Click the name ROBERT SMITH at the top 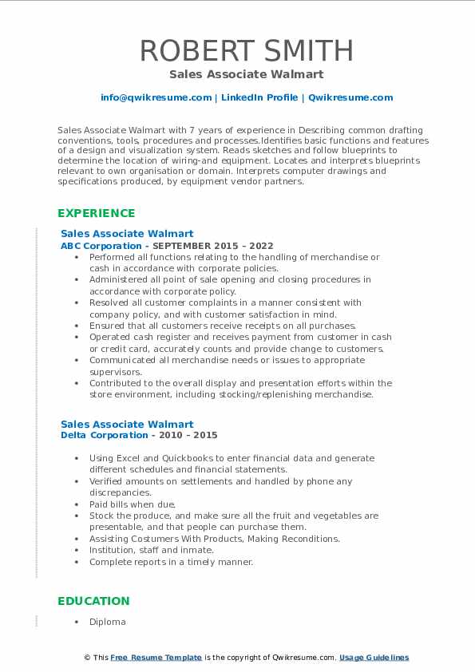click(x=247, y=50)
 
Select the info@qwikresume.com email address click(x=156, y=97)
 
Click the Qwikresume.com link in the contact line click(x=350, y=97)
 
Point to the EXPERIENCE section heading click(x=97, y=213)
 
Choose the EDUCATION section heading click(x=93, y=601)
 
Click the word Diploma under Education click(x=108, y=622)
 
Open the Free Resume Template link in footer click(x=156, y=658)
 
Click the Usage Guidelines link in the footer click(x=374, y=658)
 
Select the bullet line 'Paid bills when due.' click(x=133, y=504)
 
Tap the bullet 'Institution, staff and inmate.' click(x=152, y=550)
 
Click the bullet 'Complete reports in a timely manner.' click(x=171, y=562)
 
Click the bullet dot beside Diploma click(x=76, y=622)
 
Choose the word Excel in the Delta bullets click(x=130, y=458)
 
